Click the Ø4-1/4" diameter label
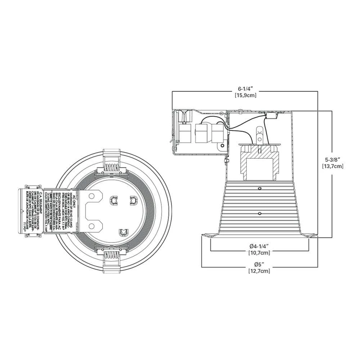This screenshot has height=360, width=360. point(259,246)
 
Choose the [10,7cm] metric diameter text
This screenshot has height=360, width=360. point(259,253)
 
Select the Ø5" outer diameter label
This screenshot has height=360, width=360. point(259,264)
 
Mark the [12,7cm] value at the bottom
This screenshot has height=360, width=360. point(259,271)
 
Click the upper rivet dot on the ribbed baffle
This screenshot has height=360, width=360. point(260,188)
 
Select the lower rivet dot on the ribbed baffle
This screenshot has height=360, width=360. point(260,213)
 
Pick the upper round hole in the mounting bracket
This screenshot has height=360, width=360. point(91,196)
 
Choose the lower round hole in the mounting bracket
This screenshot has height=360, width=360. point(91,226)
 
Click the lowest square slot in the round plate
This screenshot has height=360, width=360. point(123,233)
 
